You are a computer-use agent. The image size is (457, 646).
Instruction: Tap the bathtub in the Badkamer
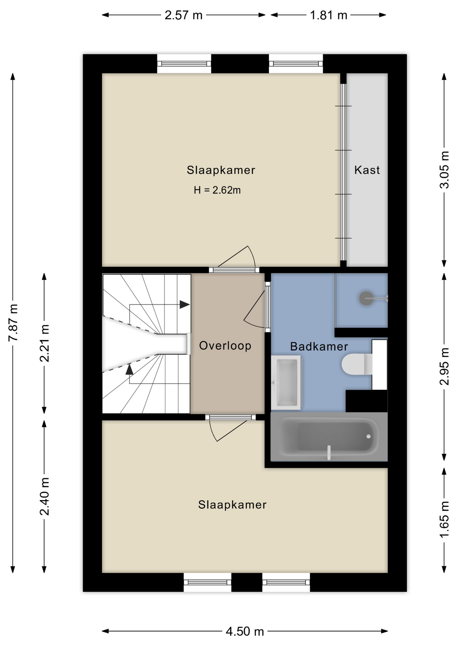pos(329,437)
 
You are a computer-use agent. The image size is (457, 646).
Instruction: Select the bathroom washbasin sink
pos(286,383)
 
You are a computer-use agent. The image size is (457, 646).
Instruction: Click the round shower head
pos(366,298)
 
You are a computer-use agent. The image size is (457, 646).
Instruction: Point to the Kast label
pos(367,170)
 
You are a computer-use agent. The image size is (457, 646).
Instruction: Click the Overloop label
pos(225,346)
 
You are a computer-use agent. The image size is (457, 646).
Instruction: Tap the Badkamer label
pos(319,346)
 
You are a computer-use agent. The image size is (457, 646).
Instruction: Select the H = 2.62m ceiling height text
pos(217,190)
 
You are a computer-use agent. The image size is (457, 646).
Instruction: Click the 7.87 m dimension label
pos(13,323)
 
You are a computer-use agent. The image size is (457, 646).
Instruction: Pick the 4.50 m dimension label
pos(245,632)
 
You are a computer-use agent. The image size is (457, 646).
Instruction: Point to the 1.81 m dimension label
pos(328,15)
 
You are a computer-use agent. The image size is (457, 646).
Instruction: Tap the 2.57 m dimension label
pos(183,15)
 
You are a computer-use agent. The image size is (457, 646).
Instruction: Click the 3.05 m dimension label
pos(444,170)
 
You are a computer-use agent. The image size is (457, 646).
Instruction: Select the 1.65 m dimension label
pos(444,519)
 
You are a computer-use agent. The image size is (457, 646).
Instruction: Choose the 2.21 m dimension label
pos(44,343)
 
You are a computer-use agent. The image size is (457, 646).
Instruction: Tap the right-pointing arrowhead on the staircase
pos(184,304)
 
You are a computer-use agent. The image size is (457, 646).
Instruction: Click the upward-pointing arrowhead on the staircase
pos(129,369)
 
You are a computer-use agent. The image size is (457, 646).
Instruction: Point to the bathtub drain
pos(368,436)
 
